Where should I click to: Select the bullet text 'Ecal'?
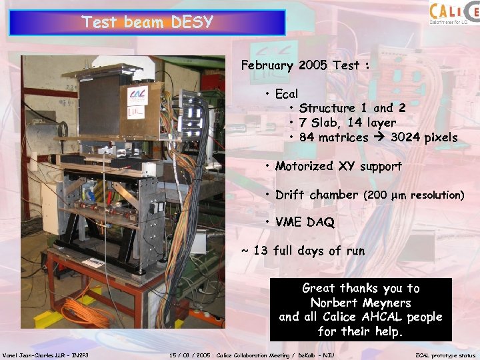click(x=287, y=93)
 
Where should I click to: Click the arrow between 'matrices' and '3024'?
click(x=380, y=137)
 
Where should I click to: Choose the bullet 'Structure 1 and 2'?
click(x=352, y=108)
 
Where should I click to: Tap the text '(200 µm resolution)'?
click(x=413, y=195)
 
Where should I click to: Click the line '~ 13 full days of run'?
click(x=303, y=251)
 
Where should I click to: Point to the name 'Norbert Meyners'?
click(x=361, y=303)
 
